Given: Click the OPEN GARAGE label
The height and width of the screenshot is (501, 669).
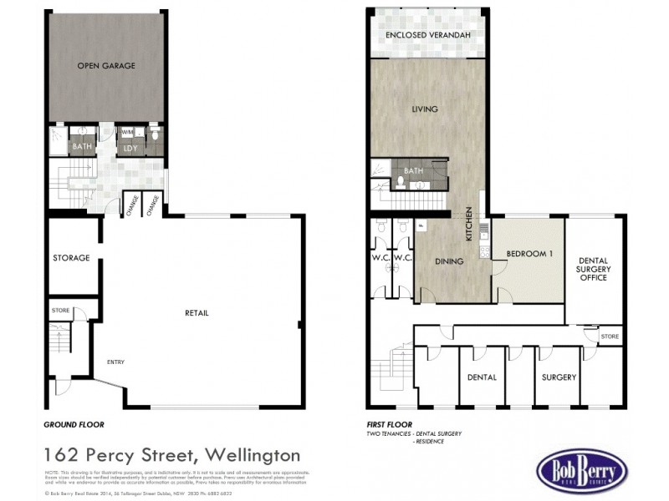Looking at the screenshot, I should click(106, 65).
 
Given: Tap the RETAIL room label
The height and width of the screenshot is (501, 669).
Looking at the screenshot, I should click(197, 313).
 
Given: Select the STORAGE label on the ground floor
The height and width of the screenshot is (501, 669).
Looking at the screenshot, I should click(71, 258).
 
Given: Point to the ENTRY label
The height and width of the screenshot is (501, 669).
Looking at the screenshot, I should click(115, 362).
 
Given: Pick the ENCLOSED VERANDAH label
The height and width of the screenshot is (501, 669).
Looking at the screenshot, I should click(428, 36).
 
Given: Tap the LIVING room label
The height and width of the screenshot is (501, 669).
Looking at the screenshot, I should click(425, 109).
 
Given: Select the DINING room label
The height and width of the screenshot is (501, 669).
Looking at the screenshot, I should click(449, 261).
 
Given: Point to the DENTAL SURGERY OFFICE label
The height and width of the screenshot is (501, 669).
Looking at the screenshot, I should click(594, 269).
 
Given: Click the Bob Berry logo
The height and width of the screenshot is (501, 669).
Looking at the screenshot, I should click(582, 472).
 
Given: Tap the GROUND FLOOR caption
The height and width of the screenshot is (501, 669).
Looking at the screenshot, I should click(74, 425).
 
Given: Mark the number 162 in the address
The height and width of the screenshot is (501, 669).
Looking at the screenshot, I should click(65, 456).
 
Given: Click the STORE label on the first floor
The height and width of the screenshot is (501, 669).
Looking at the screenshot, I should click(610, 336).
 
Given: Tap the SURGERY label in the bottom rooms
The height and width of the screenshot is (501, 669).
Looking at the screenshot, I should click(559, 377).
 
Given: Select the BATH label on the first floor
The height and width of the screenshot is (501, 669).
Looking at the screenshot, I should click(413, 170).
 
